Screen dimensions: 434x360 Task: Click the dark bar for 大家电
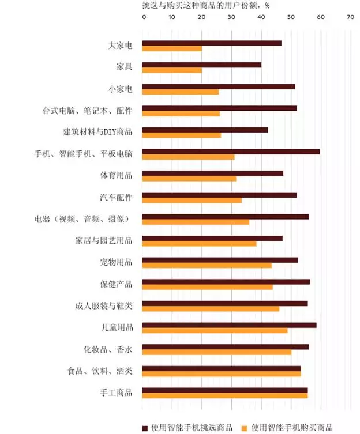pyautogui.click(x=212, y=43)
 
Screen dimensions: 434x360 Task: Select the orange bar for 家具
pyautogui.click(x=172, y=70)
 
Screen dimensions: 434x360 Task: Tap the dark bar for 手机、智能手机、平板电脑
pyautogui.click(x=231, y=152)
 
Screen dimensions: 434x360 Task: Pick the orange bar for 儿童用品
pyautogui.click(x=215, y=330)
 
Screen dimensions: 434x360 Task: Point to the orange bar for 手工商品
pyautogui.click(x=225, y=395)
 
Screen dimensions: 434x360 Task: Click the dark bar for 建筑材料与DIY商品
pyautogui.click(x=205, y=130)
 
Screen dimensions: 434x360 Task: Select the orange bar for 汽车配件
pyautogui.click(x=192, y=201)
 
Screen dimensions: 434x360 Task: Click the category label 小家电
pyautogui.click(x=121, y=89)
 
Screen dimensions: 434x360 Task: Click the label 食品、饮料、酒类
pyautogui.click(x=100, y=371)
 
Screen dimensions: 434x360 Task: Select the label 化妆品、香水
pyautogui.click(x=108, y=349)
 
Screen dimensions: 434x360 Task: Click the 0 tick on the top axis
pyautogui.click(x=144, y=18)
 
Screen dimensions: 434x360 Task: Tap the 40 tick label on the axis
pyautogui.click(x=261, y=18)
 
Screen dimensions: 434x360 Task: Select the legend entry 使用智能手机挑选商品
pyautogui.click(x=187, y=427)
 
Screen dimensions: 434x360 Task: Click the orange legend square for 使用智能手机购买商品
pyautogui.click(x=244, y=428)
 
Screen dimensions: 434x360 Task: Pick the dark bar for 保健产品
pyautogui.click(x=226, y=282)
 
